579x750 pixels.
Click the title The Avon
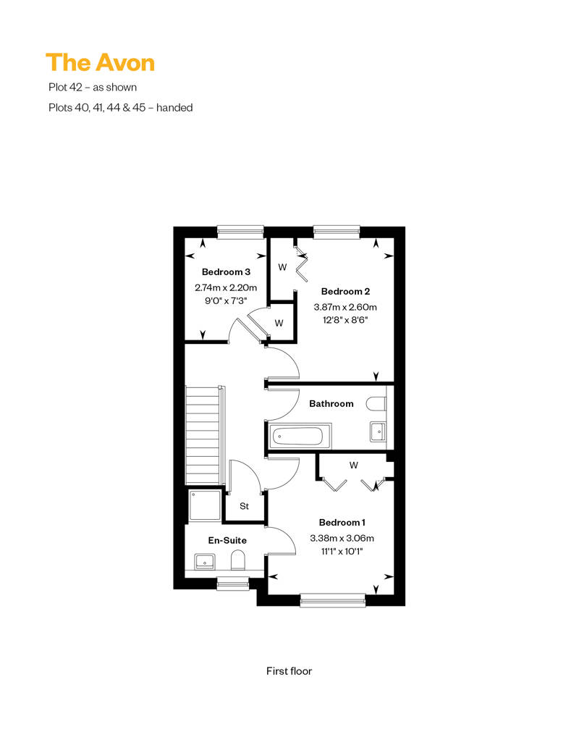pos(101,63)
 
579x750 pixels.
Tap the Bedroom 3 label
pos(226,271)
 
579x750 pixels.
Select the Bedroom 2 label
pos(345,291)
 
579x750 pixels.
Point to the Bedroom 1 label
pos(342,523)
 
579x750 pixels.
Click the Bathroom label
pos(331,404)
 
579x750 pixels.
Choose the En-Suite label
pos(227,541)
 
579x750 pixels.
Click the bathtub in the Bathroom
pos(297,437)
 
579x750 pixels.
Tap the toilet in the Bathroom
pos(376,404)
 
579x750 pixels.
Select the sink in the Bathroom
pos(379,432)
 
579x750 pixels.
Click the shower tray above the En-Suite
pos(205,505)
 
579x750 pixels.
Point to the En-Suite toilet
pos(237,560)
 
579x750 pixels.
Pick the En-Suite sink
pos(205,562)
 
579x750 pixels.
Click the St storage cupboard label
pos(245,506)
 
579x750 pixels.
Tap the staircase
pos(204,436)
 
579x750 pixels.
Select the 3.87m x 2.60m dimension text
pos(345,307)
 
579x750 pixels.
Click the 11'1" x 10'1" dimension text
pos(342,552)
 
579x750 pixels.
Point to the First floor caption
pos(289,671)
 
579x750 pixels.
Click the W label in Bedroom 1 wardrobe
pos(354,465)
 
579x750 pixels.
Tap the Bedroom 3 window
pos(240,232)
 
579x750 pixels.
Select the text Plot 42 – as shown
pos(93,88)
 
